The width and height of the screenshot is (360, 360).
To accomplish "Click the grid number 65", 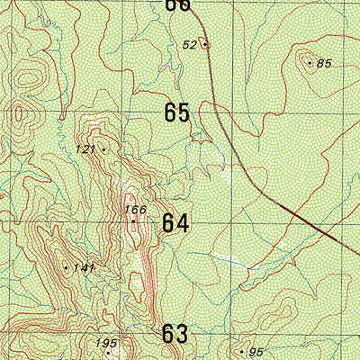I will coord(177,113).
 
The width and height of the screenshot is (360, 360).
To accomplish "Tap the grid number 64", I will coord(175,223).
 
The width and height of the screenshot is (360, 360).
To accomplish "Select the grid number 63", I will coord(175,335).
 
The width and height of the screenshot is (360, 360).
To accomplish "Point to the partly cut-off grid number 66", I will coord(178,4).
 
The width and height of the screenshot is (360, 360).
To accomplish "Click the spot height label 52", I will coord(190,44).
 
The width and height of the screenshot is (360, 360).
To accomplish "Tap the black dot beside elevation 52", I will coord(205,44).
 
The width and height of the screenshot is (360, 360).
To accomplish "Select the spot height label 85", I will coord(325,63).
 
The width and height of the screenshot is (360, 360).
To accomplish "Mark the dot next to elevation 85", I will coord(310,63).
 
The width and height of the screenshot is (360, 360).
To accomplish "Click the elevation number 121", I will coord(85,148).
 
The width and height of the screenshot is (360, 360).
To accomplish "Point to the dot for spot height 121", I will coord(103,149).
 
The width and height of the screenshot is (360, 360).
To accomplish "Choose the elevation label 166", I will coord(134,210).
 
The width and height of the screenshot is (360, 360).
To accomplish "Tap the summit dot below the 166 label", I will coord(133,220).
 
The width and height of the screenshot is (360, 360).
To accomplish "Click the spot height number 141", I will coord(85,268).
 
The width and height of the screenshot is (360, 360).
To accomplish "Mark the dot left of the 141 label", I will coord(67,267).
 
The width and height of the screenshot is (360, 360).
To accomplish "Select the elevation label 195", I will coord(106,343).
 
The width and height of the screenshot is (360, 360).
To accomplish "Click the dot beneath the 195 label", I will coord(107,353).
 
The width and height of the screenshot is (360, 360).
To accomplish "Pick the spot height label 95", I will coord(256,351).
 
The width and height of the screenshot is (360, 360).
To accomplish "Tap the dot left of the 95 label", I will coord(241,351).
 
